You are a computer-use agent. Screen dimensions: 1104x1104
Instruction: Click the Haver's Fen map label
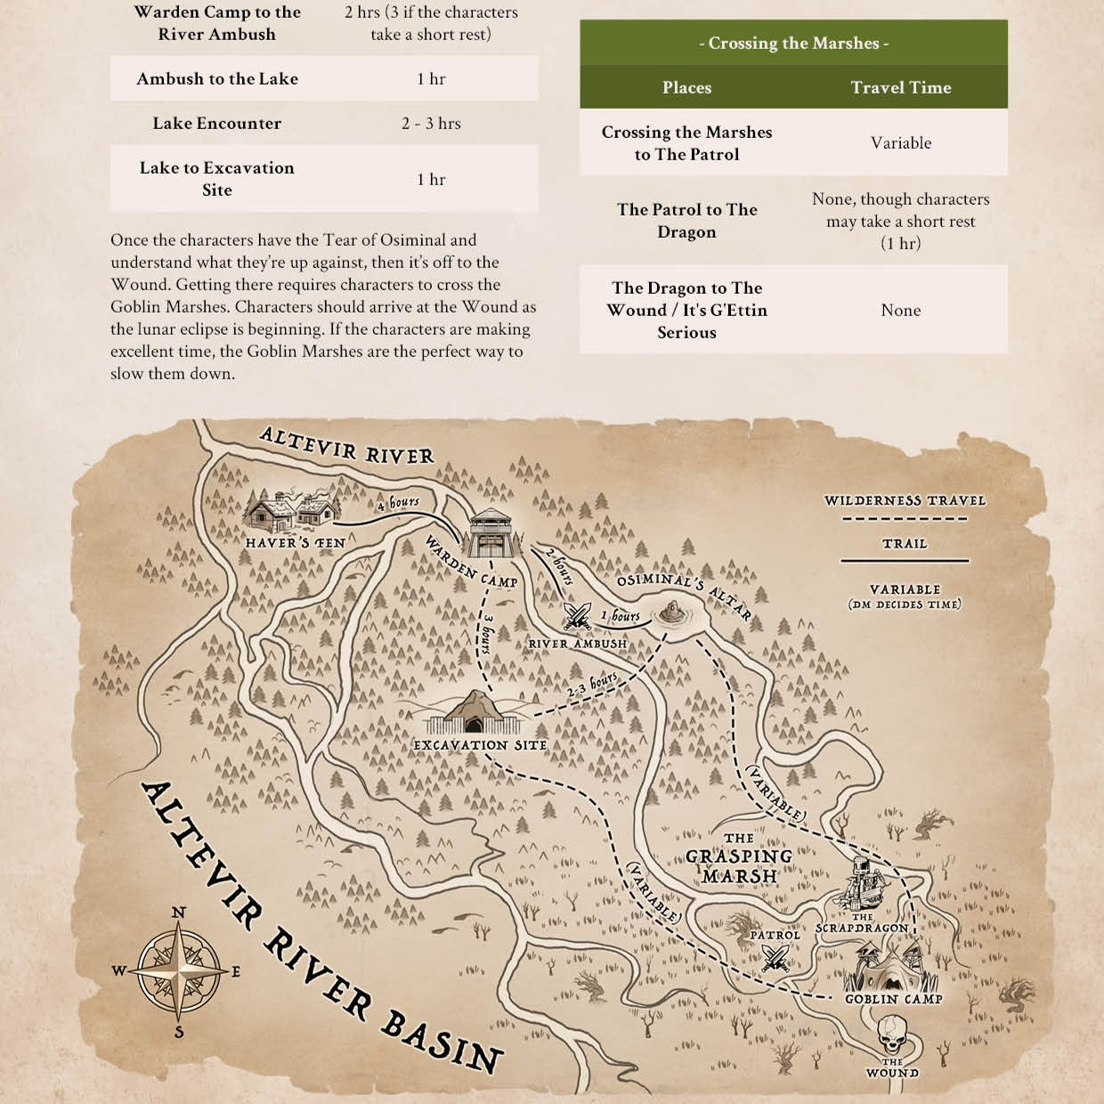coord(295,542)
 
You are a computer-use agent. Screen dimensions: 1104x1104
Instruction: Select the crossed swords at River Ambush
coord(576,614)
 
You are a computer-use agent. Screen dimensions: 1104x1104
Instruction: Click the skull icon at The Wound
coord(892,1035)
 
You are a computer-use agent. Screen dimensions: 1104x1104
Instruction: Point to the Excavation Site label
coord(480,745)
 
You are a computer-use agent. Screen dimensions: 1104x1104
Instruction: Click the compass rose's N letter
coord(178,913)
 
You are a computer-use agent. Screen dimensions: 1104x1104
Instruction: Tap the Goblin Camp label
coord(893,1000)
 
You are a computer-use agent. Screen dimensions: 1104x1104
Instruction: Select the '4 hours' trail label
coord(398,503)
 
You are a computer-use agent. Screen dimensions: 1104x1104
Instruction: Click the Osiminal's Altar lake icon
coord(674,613)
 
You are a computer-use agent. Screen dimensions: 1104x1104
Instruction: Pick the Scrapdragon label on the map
coord(862,927)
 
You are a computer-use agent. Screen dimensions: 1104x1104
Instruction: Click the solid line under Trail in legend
coord(905,561)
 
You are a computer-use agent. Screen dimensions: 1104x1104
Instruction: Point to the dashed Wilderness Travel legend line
coord(905,518)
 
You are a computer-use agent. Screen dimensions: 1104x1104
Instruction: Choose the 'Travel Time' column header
coord(900,87)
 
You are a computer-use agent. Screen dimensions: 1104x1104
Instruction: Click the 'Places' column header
coord(686,87)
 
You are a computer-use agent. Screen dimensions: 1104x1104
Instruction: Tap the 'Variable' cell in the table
coord(900,142)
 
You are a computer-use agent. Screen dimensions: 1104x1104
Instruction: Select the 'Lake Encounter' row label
coord(216,123)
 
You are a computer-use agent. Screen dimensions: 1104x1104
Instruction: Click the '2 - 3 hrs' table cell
coord(431,123)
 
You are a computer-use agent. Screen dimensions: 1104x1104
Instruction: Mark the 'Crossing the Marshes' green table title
coord(793,43)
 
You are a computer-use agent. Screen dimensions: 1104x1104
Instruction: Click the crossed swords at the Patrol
coord(775,958)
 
